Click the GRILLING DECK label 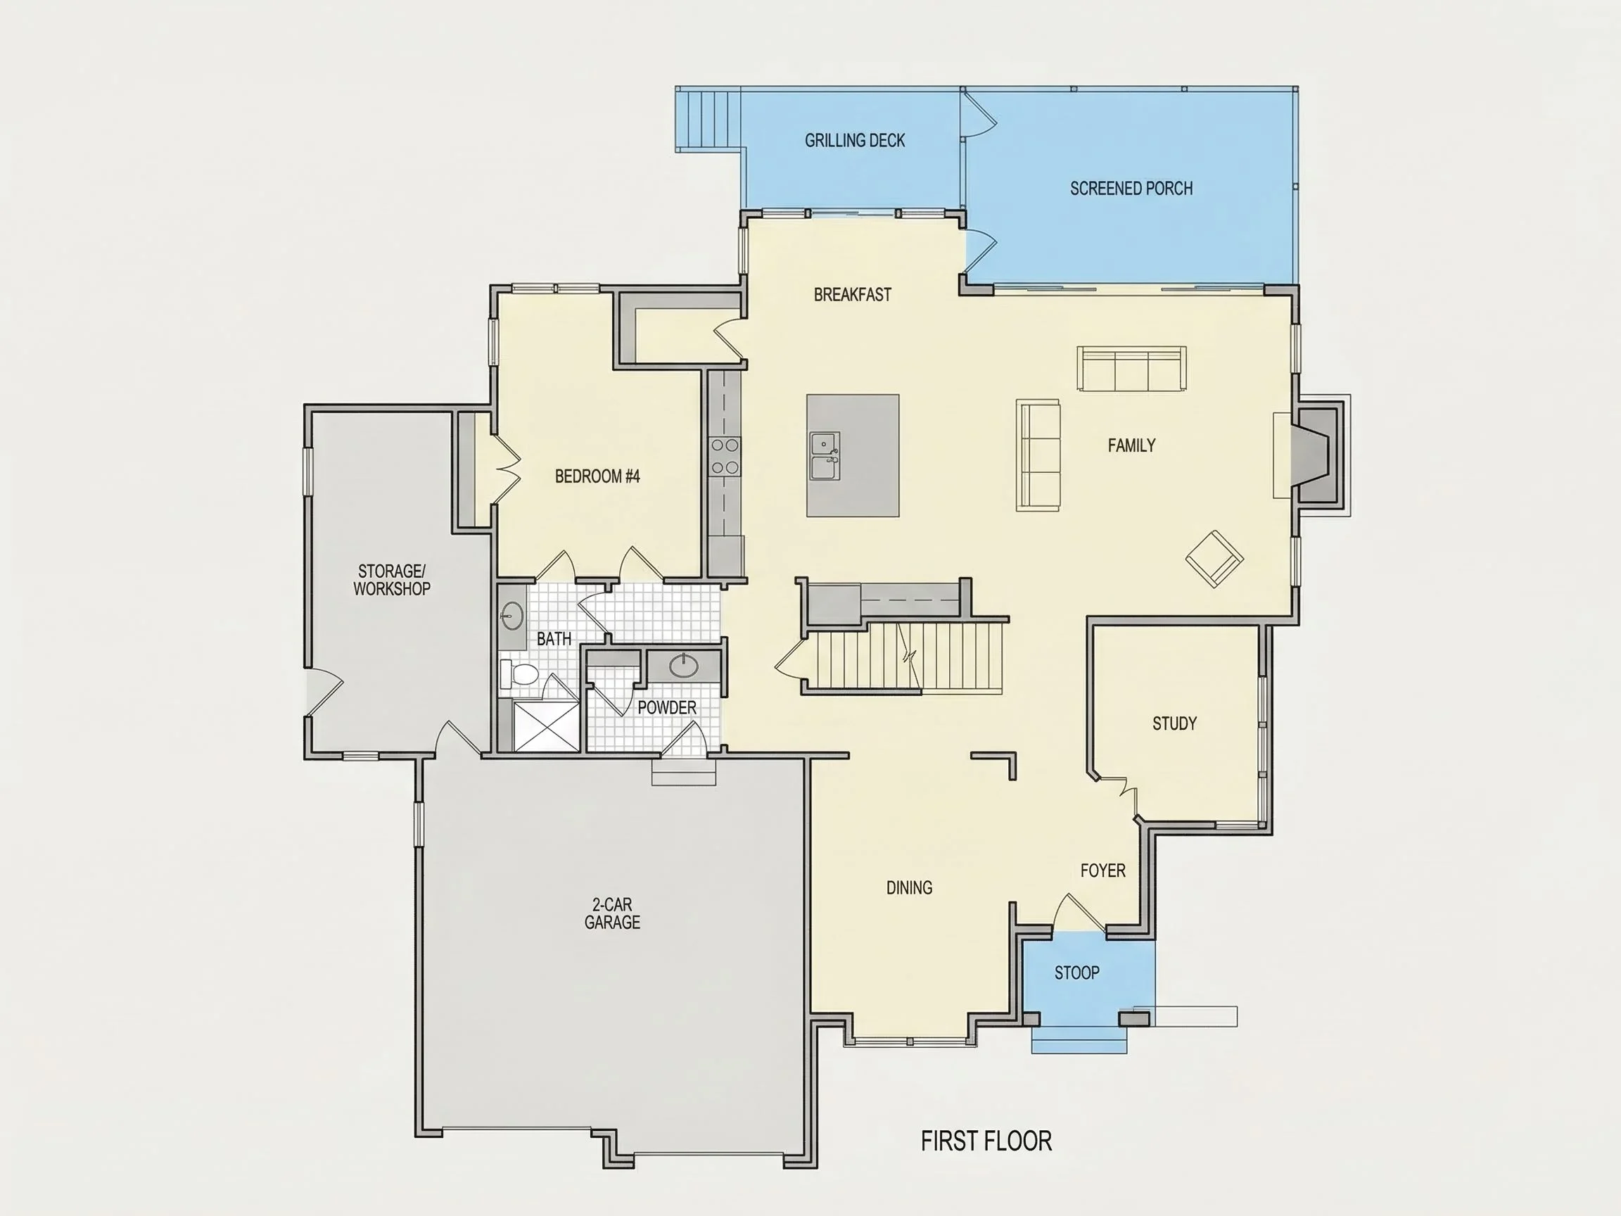(x=854, y=140)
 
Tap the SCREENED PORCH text (x=1131, y=189)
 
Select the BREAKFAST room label (x=852, y=295)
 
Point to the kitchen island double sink (x=825, y=455)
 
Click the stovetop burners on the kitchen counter (x=725, y=456)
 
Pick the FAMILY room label (x=1131, y=445)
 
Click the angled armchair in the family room (x=1214, y=559)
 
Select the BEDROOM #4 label (x=597, y=476)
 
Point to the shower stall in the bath (x=546, y=726)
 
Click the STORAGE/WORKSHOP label (x=391, y=580)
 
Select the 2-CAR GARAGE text (x=612, y=913)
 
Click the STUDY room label (x=1174, y=723)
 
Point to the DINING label (x=910, y=887)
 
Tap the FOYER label (x=1103, y=870)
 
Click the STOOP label (x=1076, y=973)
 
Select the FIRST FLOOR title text (x=986, y=1141)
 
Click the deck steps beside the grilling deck (x=707, y=120)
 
